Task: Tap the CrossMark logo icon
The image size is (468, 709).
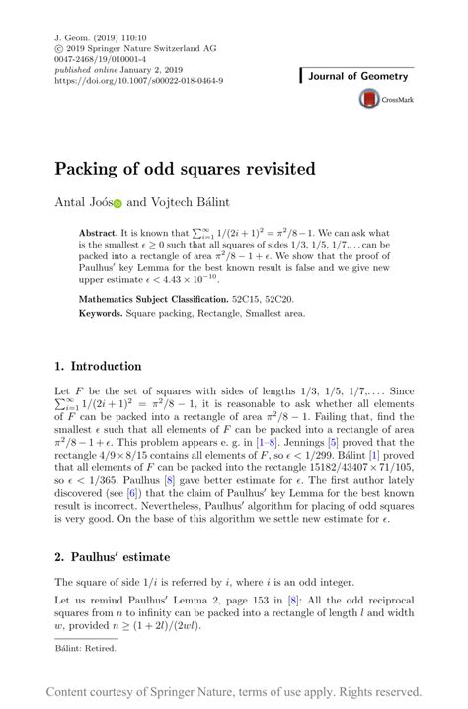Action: click(369, 99)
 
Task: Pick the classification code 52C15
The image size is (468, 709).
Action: click(248, 298)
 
